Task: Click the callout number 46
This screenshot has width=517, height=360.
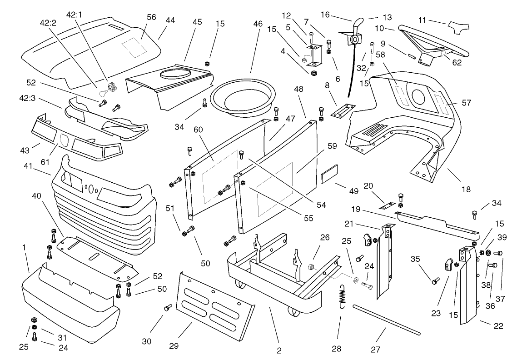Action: point(258,24)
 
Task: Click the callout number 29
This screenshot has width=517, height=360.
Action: point(174,345)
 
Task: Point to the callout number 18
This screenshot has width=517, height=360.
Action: point(466,189)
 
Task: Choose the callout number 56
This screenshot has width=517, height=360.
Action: point(151,17)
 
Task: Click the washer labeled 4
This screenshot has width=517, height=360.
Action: point(313,72)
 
